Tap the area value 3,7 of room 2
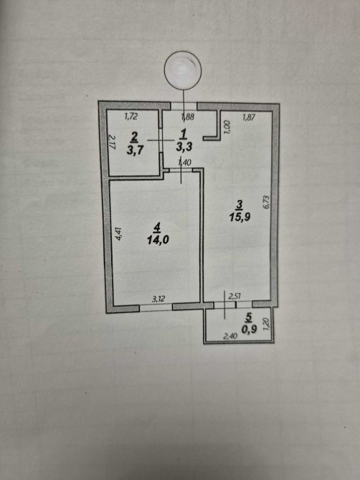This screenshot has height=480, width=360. pyautogui.click(x=135, y=150)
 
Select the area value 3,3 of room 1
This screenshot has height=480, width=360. pyautogui.click(x=184, y=147)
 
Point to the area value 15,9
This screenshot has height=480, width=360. pyautogui.click(x=240, y=217)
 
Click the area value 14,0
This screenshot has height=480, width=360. pyautogui.click(x=158, y=240)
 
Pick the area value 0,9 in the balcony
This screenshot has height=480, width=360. pyautogui.click(x=249, y=329)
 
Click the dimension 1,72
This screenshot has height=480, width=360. pyautogui.click(x=131, y=116)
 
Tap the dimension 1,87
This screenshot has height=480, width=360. pyautogui.click(x=248, y=117)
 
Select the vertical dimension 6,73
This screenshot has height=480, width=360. pyautogui.click(x=266, y=202)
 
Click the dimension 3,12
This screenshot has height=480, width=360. pyautogui.click(x=158, y=299)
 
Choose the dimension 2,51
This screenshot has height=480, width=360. pyautogui.click(x=235, y=296)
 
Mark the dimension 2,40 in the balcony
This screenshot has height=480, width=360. pyautogui.click(x=230, y=336)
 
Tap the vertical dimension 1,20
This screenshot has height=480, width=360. pyautogui.click(x=266, y=324)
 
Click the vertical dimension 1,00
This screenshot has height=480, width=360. pyautogui.click(x=227, y=127)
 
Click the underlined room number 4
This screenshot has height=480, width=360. pyautogui.click(x=157, y=228)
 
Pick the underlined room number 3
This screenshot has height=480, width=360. pyautogui.click(x=240, y=205)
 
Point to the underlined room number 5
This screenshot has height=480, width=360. pyautogui.click(x=248, y=318)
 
